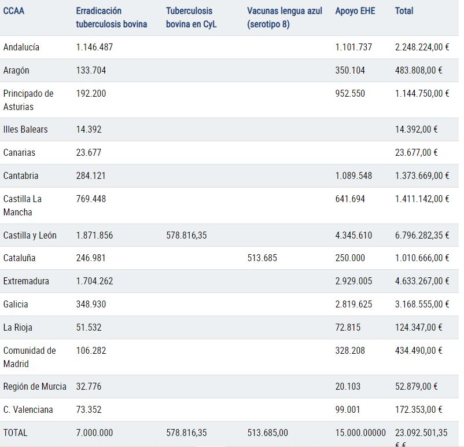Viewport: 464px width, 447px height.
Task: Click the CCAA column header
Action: pos(14,11)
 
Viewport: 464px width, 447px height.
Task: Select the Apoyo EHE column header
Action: pos(355,11)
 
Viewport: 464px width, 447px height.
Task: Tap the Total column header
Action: pos(404,11)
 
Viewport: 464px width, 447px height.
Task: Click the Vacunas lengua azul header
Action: pos(285,17)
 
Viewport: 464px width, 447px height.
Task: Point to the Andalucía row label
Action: pos(21,47)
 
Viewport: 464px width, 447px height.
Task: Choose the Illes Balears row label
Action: pos(25,130)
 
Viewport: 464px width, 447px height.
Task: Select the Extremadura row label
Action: pos(26,281)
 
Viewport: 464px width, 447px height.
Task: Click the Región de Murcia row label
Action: pos(35,386)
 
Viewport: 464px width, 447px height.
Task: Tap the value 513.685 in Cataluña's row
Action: pos(262,258)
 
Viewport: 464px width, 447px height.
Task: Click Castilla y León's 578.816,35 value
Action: pos(186,235)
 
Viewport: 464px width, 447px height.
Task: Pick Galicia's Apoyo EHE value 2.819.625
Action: pos(353,304)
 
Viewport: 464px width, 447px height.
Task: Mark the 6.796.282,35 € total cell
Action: pos(422,235)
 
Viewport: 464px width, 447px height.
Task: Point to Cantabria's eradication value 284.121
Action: pos(91,175)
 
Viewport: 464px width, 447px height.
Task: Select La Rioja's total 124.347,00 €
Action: pos(419,327)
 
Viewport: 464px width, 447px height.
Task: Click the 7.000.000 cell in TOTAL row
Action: pos(94,433)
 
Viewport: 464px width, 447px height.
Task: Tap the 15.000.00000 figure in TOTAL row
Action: pos(360,433)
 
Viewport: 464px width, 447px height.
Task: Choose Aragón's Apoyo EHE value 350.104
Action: pos(350,70)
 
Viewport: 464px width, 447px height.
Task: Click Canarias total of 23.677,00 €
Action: pos(417,152)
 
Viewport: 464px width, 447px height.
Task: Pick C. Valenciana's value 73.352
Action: pos(89,410)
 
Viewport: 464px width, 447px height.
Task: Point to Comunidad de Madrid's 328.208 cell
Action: pos(350,350)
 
